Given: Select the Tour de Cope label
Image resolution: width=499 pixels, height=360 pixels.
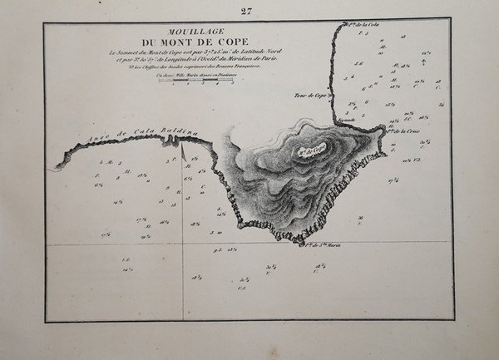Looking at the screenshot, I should (x=309, y=96).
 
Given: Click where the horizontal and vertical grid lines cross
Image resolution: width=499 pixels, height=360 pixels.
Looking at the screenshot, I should (x=182, y=244).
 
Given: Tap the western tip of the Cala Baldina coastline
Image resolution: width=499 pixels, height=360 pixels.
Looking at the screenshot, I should (x=52, y=168).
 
